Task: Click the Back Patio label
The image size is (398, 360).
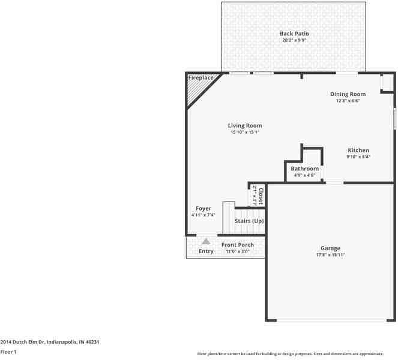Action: [x=294, y=34]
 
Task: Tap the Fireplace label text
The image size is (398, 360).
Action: [x=201, y=78]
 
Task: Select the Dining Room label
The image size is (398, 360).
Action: [x=348, y=94]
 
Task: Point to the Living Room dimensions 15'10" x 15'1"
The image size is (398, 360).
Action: [x=244, y=133]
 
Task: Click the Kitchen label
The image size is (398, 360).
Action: [x=358, y=150]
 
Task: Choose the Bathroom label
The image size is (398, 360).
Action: [x=304, y=169]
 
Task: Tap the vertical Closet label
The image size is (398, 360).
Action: [x=261, y=196]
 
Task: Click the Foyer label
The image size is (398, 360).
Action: [x=203, y=208]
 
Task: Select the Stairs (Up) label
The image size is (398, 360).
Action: [x=249, y=221]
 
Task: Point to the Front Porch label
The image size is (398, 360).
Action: [x=237, y=245]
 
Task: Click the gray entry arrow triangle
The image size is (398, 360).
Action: [x=205, y=241]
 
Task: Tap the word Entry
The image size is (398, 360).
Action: [x=206, y=251]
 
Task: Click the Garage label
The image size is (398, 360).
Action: [x=330, y=248]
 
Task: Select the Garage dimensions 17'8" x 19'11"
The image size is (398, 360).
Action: [x=330, y=255]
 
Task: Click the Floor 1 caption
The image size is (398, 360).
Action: [x=8, y=352]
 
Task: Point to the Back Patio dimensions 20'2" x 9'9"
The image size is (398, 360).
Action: [x=294, y=41]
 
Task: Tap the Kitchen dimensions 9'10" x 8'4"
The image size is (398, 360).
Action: [x=358, y=157]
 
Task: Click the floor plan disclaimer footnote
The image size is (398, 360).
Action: [x=295, y=353]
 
